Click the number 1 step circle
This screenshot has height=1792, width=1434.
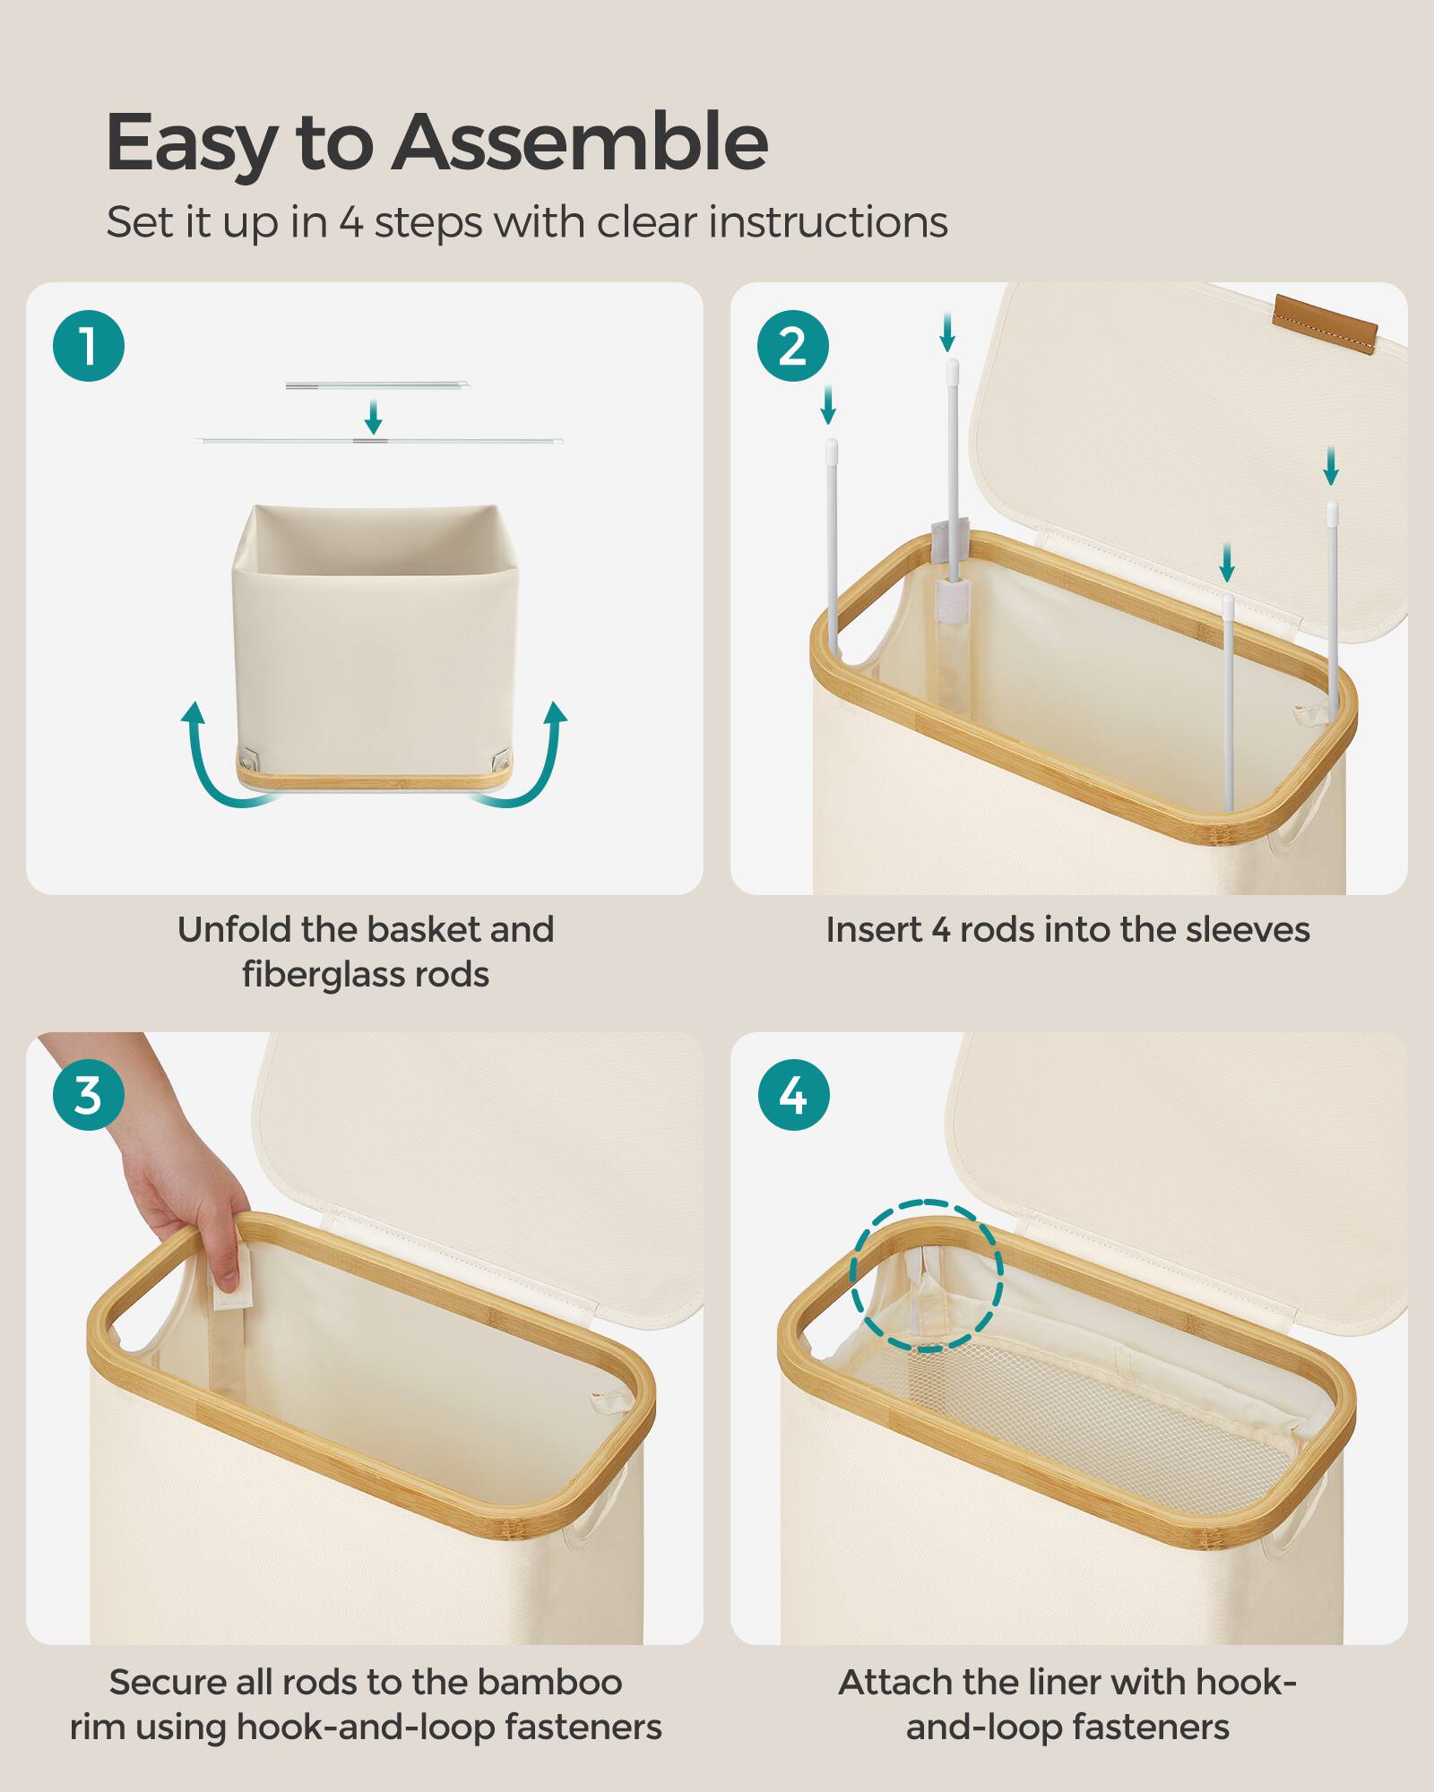[88, 346]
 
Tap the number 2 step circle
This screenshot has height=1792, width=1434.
[792, 346]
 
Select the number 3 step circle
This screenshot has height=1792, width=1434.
[88, 1095]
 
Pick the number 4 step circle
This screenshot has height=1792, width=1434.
[792, 1095]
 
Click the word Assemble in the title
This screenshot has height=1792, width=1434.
[579, 143]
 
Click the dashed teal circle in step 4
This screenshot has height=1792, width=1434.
[926, 1276]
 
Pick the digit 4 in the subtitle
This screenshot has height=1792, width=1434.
[350, 223]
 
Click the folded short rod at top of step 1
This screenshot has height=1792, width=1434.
[377, 386]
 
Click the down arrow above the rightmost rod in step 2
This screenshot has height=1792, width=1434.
[1331, 466]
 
